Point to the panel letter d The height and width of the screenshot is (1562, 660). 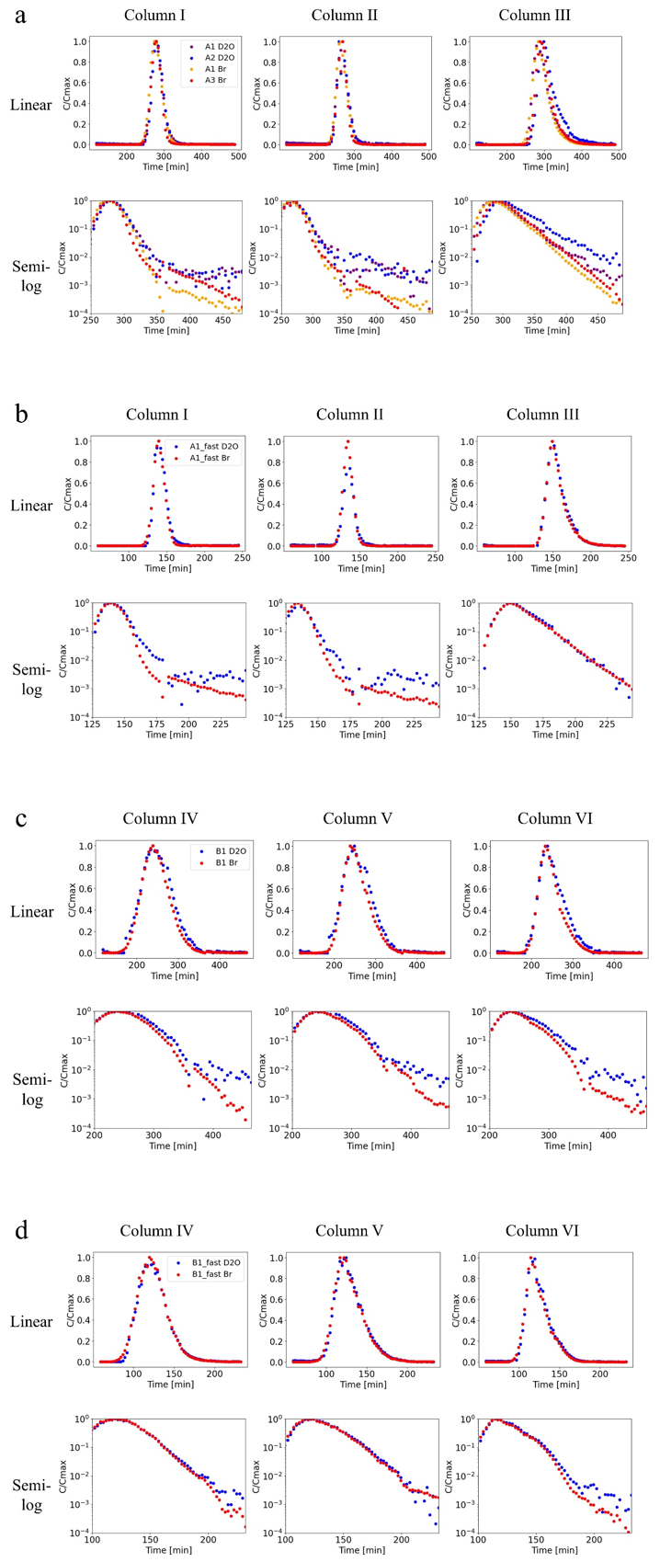(x=21, y=1229)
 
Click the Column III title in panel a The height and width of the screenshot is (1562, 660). (x=534, y=15)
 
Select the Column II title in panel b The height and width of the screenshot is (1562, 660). (x=348, y=415)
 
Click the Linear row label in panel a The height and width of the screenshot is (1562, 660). (x=31, y=104)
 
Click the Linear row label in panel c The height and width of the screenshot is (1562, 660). (x=32, y=911)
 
